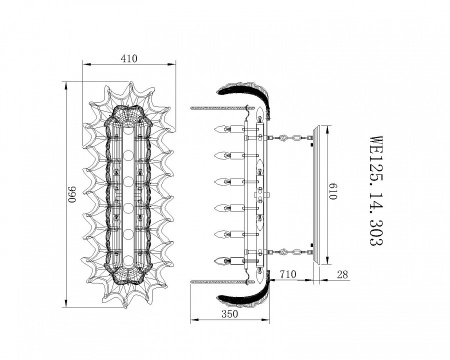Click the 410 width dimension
pyautogui.click(x=129, y=58)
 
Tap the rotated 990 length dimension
pyautogui.click(x=72, y=194)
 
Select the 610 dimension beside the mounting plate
pyautogui.click(x=332, y=191)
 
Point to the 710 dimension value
pyautogui.click(x=288, y=274)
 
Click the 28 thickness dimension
pyautogui.click(x=342, y=274)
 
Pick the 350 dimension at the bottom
pyautogui.click(x=230, y=314)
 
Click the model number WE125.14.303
pyautogui.click(x=376, y=191)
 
